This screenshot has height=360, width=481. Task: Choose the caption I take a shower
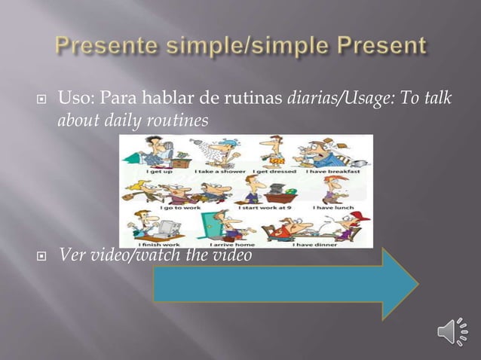213,172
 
